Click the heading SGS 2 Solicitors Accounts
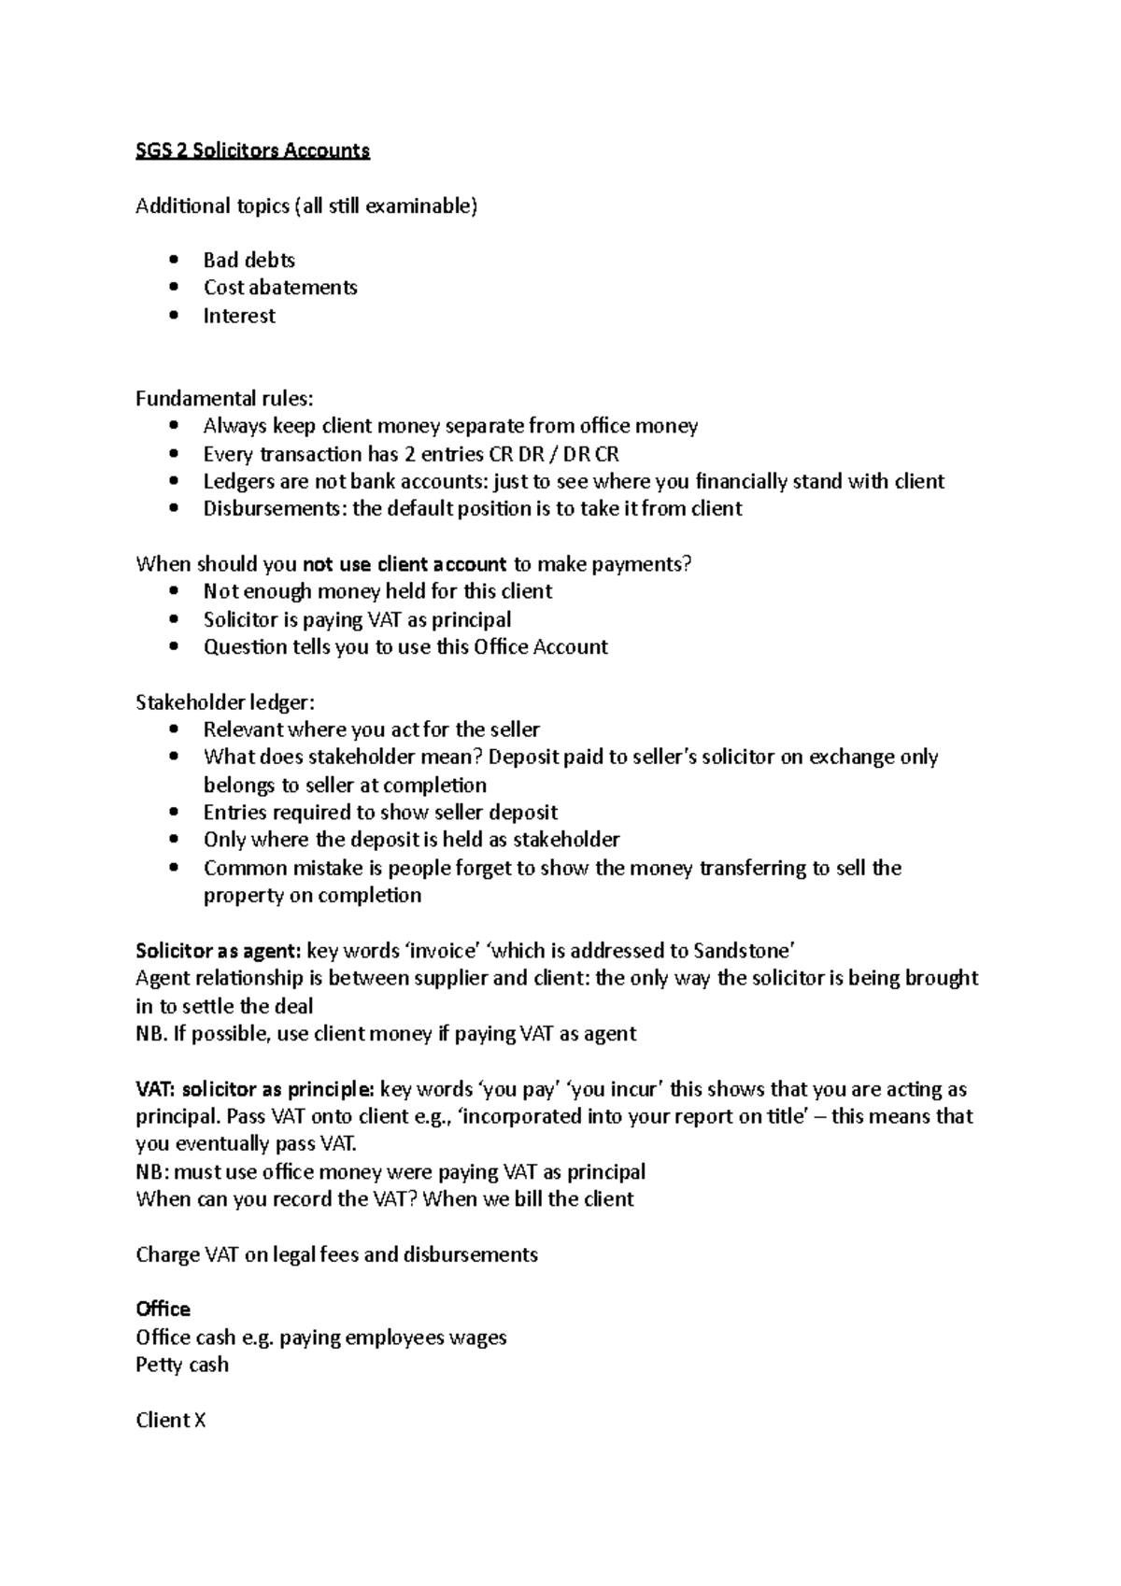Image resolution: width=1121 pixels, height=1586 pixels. pyautogui.click(x=252, y=150)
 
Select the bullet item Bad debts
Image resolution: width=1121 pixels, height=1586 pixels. pyautogui.click(x=248, y=260)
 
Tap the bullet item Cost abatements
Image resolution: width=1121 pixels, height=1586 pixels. pyautogui.click(x=280, y=287)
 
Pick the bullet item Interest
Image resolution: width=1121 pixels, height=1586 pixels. pyautogui.click(x=239, y=316)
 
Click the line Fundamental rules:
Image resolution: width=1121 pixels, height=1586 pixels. pyautogui.click(x=224, y=399)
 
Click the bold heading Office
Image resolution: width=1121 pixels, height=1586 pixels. pyautogui.click(x=163, y=1310)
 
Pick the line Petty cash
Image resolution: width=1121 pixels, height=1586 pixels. pyautogui.click(x=182, y=1365)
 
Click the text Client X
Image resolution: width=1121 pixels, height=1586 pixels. pyautogui.click(x=170, y=1420)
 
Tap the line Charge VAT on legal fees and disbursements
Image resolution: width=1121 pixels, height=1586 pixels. pyautogui.click(x=336, y=1254)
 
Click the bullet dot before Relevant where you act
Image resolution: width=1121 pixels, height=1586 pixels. pyautogui.click(x=174, y=730)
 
